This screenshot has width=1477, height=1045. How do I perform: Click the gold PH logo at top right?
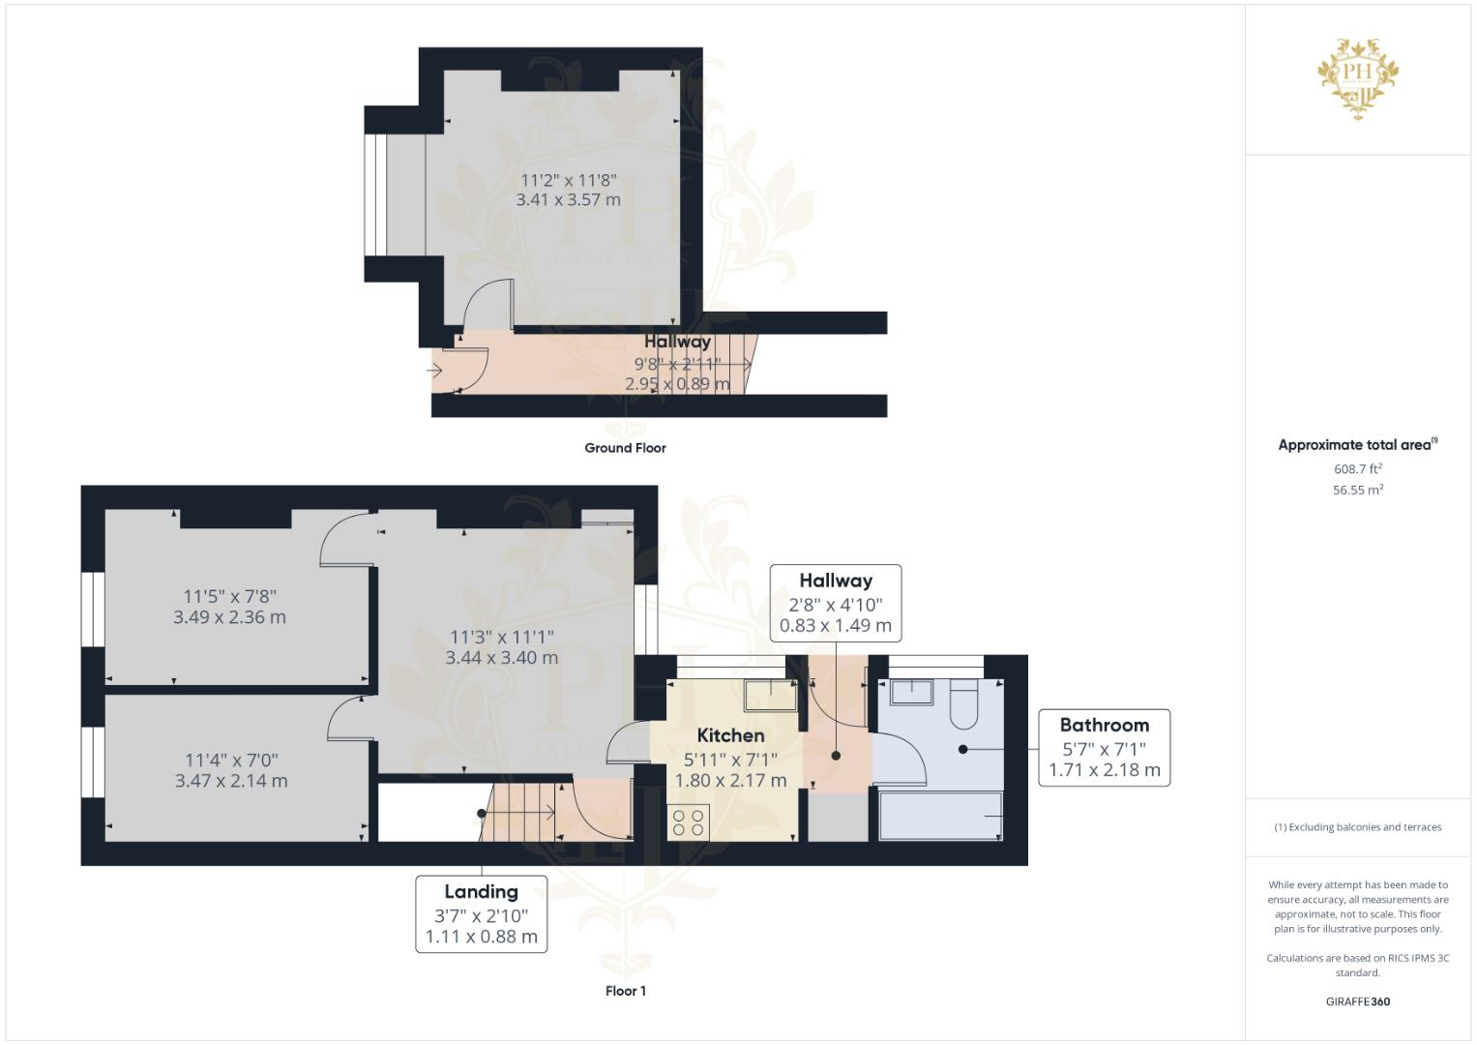coord(1358,78)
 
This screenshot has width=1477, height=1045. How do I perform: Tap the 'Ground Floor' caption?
coord(625,448)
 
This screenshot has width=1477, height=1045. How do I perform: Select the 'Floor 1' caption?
coord(625,991)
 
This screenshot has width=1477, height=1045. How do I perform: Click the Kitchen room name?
coord(730,735)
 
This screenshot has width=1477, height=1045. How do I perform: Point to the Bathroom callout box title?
coord(1104,725)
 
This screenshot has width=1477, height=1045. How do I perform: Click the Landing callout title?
coord(481,891)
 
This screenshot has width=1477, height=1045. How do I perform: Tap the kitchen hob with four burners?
coord(688,822)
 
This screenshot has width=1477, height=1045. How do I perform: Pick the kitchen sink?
coord(770,691)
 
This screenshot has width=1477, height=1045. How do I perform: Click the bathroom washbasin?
coord(911,691)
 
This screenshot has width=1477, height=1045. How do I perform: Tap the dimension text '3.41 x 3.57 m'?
coord(568,200)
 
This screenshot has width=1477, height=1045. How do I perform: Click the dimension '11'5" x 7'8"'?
coord(230,596)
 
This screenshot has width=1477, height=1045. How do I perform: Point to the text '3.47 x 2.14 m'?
coord(231,781)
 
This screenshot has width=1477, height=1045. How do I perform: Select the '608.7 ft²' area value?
coord(1357,469)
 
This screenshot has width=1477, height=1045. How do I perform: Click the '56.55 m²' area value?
coord(1357,491)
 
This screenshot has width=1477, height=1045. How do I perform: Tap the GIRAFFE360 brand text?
coord(1357,1001)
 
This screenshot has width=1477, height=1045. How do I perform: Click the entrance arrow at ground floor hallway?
coord(434,370)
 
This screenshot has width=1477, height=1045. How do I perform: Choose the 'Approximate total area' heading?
coord(1356,445)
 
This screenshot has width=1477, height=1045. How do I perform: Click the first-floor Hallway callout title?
coord(836,581)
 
